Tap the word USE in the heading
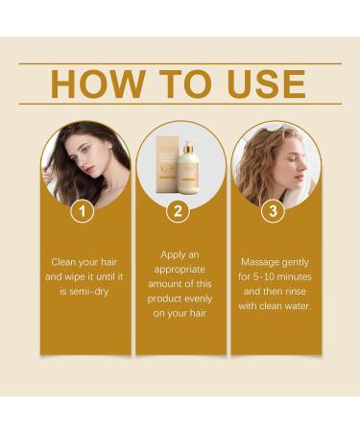point(261,84)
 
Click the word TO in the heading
point(179,84)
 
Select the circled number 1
point(84,210)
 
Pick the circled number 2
point(179,210)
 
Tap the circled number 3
point(273,210)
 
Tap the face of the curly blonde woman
point(285,163)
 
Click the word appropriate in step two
point(180,271)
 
